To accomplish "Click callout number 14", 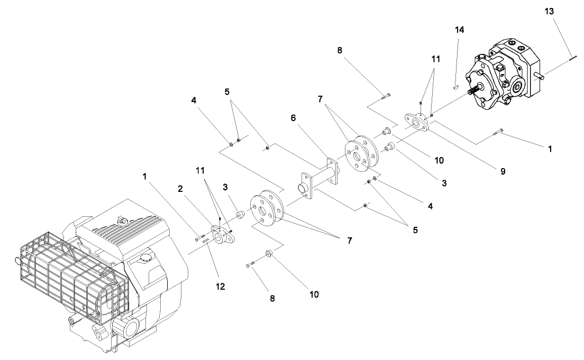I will click(459, 30).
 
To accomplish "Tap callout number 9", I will click(503, 171).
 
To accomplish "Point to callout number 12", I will click(221, 286).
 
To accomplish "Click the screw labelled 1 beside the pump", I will click(498, 132).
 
